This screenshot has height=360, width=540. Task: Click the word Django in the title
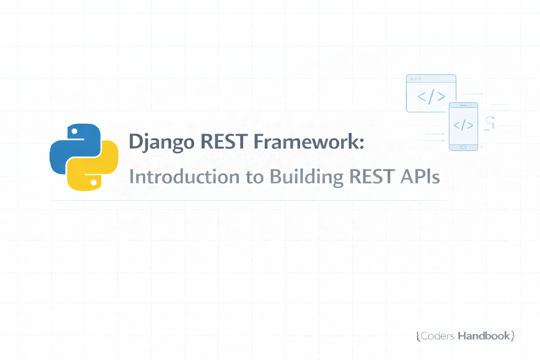point(161,142)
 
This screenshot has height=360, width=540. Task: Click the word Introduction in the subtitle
point(184,176)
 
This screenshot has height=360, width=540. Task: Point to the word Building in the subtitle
point(306,176)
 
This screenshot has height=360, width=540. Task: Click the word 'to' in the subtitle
point(255,177)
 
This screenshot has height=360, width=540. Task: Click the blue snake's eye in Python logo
point(75,131)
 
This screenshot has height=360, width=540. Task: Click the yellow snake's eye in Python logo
point(94,182)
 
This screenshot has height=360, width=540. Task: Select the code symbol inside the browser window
point(431,96)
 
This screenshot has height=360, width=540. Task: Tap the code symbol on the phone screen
point(463,125)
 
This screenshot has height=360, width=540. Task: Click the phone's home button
point(463,147)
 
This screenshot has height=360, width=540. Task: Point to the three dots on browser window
point(416,79)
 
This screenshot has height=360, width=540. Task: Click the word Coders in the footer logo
point(437,336)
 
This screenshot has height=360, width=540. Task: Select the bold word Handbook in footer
point(484,336)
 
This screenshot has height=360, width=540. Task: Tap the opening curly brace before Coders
point(418,336)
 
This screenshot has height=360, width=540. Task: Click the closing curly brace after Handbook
point(513,336)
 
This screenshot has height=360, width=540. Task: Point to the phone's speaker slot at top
point(463,105)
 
